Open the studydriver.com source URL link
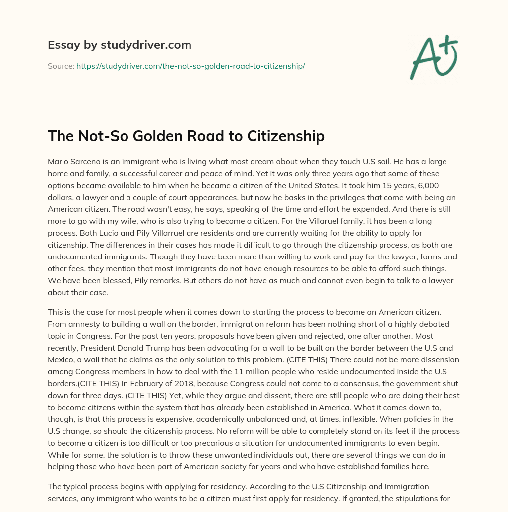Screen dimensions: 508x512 pyautogui.click(x=190, y=66)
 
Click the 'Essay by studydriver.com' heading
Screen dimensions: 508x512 pyautogui.click(x=120, y=45)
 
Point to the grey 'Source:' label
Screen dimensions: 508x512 pyautogui.click(x=61, y=66)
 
